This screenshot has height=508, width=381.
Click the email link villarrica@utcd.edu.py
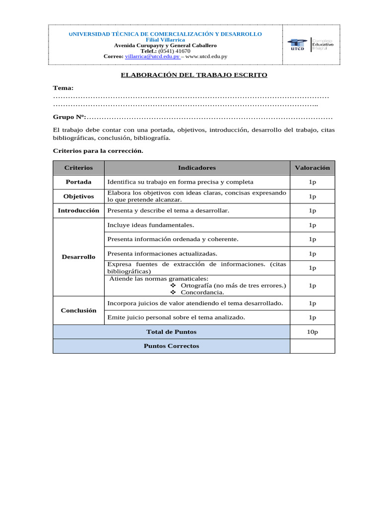tap(152, 57)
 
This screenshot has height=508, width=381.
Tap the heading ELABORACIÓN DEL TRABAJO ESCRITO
tap(194, 75)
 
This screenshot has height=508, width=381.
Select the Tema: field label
tap(63, 88)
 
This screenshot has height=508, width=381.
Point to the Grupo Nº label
tap(69, 117)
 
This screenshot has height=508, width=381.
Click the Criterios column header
tap(78, 168)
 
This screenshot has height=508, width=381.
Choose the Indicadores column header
tap(197, 168)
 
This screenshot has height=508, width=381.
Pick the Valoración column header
tap(312, 168)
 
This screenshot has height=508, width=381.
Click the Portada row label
tap(78, 182)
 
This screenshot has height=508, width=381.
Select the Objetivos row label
tap(78, 196)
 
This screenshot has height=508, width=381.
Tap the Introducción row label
tap(78, 210)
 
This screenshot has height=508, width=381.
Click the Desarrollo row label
tap(78, 257)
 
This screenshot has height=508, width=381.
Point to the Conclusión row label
tap(78, 310)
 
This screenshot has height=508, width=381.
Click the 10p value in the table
tap(312, 332)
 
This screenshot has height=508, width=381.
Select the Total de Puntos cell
tap(171, 332)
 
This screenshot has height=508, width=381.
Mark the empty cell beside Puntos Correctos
tap(312, 346)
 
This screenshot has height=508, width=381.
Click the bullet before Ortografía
tap(173, 286)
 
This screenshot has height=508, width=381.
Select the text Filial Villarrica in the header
tap(165, 40)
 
